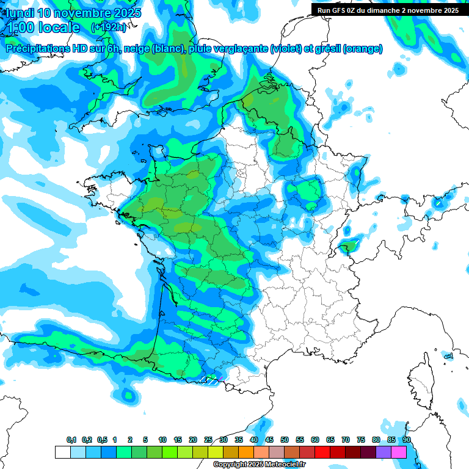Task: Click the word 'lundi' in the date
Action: click(19, 13)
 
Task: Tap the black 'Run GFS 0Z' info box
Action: click(388, 10)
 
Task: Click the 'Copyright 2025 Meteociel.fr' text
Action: click(256, 465)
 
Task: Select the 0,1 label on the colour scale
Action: click(71, 440)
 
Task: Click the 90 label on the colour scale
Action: click(406, 440)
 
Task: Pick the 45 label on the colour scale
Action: click(269, 440)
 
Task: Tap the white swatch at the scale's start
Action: click(62, 452)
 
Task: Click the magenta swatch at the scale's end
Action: click(399, 452)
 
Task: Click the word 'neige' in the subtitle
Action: click(137, 49)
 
